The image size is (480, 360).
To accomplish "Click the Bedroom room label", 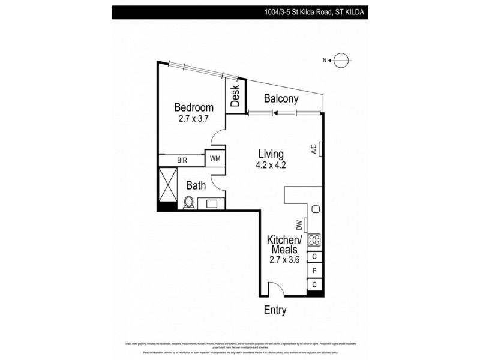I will coord(194,107).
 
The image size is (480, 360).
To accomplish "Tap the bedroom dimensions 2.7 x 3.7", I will coord(193,119).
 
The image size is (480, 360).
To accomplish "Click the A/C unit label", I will coord(314,149).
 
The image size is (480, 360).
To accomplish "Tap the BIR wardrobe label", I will coord(182,160).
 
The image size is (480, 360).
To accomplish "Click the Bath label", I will coord(196,186).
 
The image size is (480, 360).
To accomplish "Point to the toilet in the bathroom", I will coord(188,203).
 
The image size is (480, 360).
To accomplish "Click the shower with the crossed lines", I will coord(168,185).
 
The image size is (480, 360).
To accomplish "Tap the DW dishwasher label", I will coord(299,225).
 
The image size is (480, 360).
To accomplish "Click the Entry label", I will coord(275,310).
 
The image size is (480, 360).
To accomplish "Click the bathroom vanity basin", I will coord(212,203).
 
